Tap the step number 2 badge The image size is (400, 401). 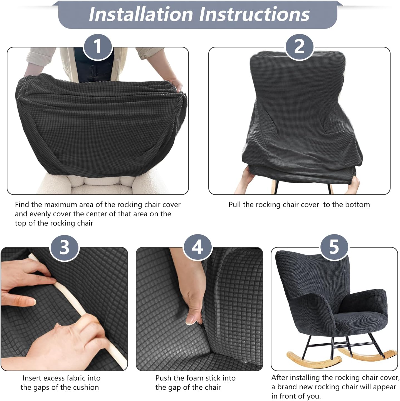[x=299, y=47]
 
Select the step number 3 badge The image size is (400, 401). [x=64, y=247]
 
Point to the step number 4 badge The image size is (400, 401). [x=197, y=247]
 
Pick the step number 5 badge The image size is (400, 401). [x=334, y=247]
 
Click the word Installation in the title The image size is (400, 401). [x=141, y=14]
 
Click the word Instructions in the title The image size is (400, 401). [x=255, y=14]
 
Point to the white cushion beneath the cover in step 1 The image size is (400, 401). [x=100, y=185]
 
